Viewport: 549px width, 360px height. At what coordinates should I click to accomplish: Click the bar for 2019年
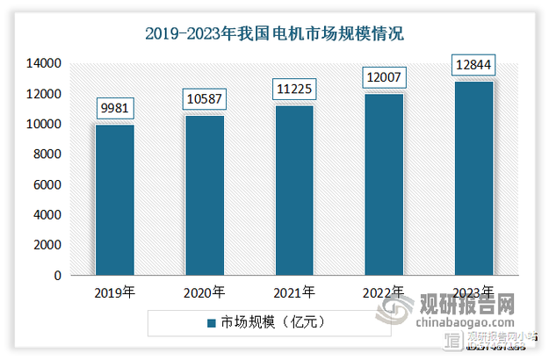tap(115, 200)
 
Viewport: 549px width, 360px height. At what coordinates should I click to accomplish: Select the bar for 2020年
tap(205, 196)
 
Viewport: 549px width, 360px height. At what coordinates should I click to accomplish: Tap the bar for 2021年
tap(294, 191)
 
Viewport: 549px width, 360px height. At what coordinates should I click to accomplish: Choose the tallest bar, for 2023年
tap(473, 178)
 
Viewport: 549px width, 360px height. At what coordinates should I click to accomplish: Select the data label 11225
tap(294, 89)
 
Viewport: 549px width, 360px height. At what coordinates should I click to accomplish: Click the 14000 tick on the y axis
tap(43, 64)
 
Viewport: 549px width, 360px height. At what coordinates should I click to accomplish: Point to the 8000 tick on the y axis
tap(47, 155)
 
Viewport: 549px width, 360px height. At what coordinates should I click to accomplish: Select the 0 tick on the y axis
tap(57, 276)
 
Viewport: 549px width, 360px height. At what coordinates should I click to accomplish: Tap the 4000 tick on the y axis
tap(47, 215)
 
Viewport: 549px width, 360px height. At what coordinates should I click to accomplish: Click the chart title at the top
tap(274, 36)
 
